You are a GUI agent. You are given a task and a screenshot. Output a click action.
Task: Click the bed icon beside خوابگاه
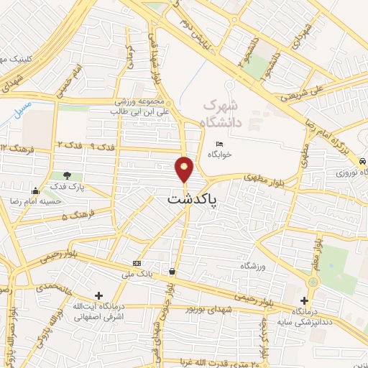click(x=219, y=144)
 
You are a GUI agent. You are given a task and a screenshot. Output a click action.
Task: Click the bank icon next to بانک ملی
click(x=137, y=263)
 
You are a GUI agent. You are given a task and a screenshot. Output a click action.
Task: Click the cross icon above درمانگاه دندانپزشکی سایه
click(x=305, y=300)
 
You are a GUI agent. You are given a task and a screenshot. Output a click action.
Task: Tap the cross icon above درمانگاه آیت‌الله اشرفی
click(x=98, y=295)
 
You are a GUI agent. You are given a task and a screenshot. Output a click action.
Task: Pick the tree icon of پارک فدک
click(x=67, y=175)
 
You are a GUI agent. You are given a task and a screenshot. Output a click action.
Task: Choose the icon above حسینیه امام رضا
click(x=35, y=190)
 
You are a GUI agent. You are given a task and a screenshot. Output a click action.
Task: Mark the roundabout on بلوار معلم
click(x=313, y=282)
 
